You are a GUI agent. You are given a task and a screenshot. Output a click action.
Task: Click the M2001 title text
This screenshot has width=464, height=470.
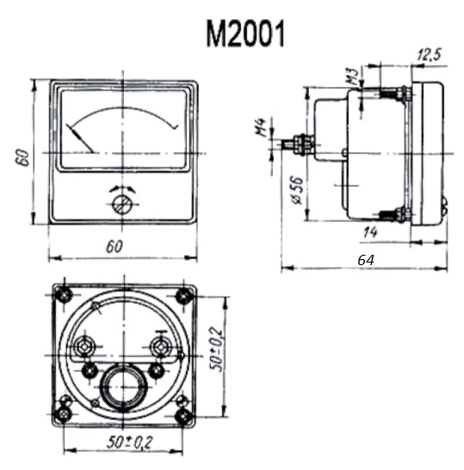tap(245, 34)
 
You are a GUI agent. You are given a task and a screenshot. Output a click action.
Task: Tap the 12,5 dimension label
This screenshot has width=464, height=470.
tap(430, 54)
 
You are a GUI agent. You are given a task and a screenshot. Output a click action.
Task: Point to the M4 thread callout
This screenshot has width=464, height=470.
tap(262, 127)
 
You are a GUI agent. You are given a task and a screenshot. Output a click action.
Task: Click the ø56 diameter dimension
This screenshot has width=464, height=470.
tap(297, 190)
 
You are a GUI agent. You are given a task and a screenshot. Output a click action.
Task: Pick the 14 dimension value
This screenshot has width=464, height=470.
tap(370, 232)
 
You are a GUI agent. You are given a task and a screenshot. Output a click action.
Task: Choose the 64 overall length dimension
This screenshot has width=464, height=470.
tap(366, 260)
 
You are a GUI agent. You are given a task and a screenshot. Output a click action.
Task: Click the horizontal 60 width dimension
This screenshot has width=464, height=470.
tap(114, 247)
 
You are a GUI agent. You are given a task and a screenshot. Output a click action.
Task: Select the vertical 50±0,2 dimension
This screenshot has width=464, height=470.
tap(216, 349)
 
